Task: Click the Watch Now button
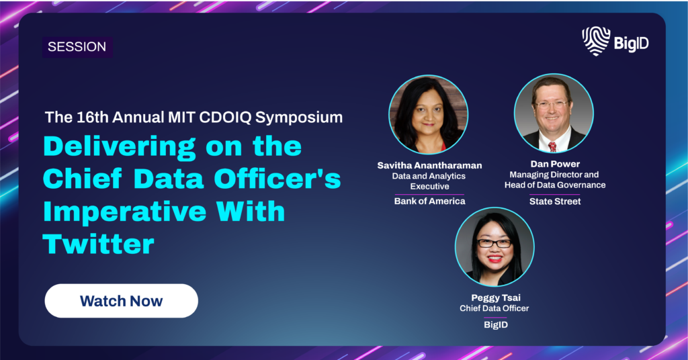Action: coord(121,301)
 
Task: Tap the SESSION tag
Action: coord(77,47)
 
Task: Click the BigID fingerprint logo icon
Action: coord(596,41)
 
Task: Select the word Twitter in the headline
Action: coord(99,244)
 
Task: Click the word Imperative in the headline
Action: coord(124,212)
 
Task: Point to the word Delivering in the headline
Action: coord(120,147)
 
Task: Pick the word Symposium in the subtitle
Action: coord(299,118)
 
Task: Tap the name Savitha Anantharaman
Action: coord(429,165)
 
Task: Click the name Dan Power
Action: coord(555,164)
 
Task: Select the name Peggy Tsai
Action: coord(496,298)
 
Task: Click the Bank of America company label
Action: coord(429,201)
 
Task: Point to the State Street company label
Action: coord(555,201)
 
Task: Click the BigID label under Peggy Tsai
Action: coord(496,324)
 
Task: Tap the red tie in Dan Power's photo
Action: coord(552,146)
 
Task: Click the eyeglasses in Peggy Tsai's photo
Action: coord(494,243)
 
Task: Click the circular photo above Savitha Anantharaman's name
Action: coord(428,114)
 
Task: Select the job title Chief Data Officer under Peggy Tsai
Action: coord(494,308)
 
